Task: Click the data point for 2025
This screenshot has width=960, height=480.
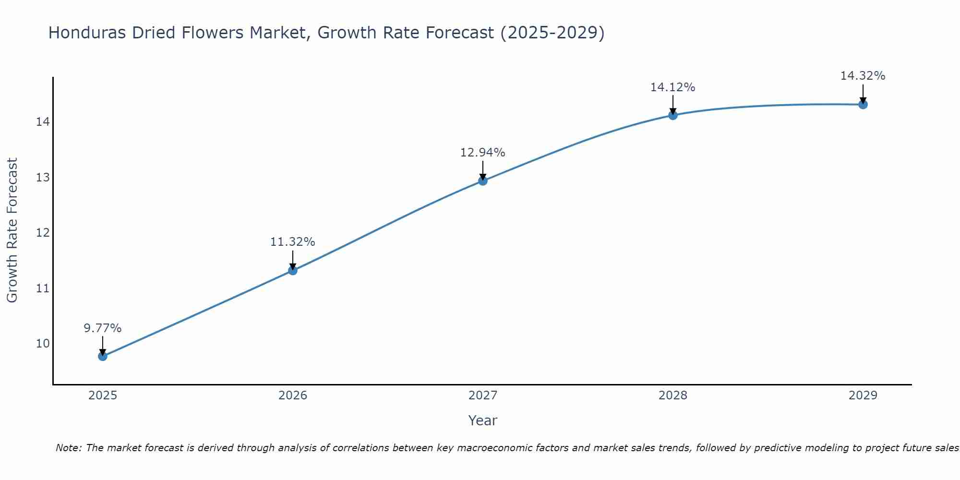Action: coord(102,356)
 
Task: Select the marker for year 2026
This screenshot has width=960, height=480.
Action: coord(293,270)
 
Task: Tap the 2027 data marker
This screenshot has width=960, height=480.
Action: coord(483,181)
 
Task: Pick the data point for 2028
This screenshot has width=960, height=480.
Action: coord(673,115)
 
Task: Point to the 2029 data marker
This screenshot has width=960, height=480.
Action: coord(863,105)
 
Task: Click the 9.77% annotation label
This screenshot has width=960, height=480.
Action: coord(102,328)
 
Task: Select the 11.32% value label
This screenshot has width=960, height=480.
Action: coord(292,242)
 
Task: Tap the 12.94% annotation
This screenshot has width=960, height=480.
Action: coord(482,153)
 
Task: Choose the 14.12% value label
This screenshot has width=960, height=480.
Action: coord(672,87)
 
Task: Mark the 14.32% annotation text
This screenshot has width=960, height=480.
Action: coord(863,76)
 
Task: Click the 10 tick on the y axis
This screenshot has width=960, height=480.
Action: coord(42,344)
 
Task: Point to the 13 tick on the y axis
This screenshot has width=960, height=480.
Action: coord(42,178)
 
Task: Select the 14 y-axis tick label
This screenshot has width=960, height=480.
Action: coord(42,122)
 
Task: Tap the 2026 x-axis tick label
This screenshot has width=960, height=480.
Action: coord(293,396)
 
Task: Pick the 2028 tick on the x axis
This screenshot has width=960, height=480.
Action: coord(673,396)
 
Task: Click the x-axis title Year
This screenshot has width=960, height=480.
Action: coord(482,420)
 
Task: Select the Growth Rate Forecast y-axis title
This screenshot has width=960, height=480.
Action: coord(12,230)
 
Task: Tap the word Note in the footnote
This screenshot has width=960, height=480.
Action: coord(68,448)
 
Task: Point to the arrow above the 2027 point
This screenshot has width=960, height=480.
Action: coord(483,169)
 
